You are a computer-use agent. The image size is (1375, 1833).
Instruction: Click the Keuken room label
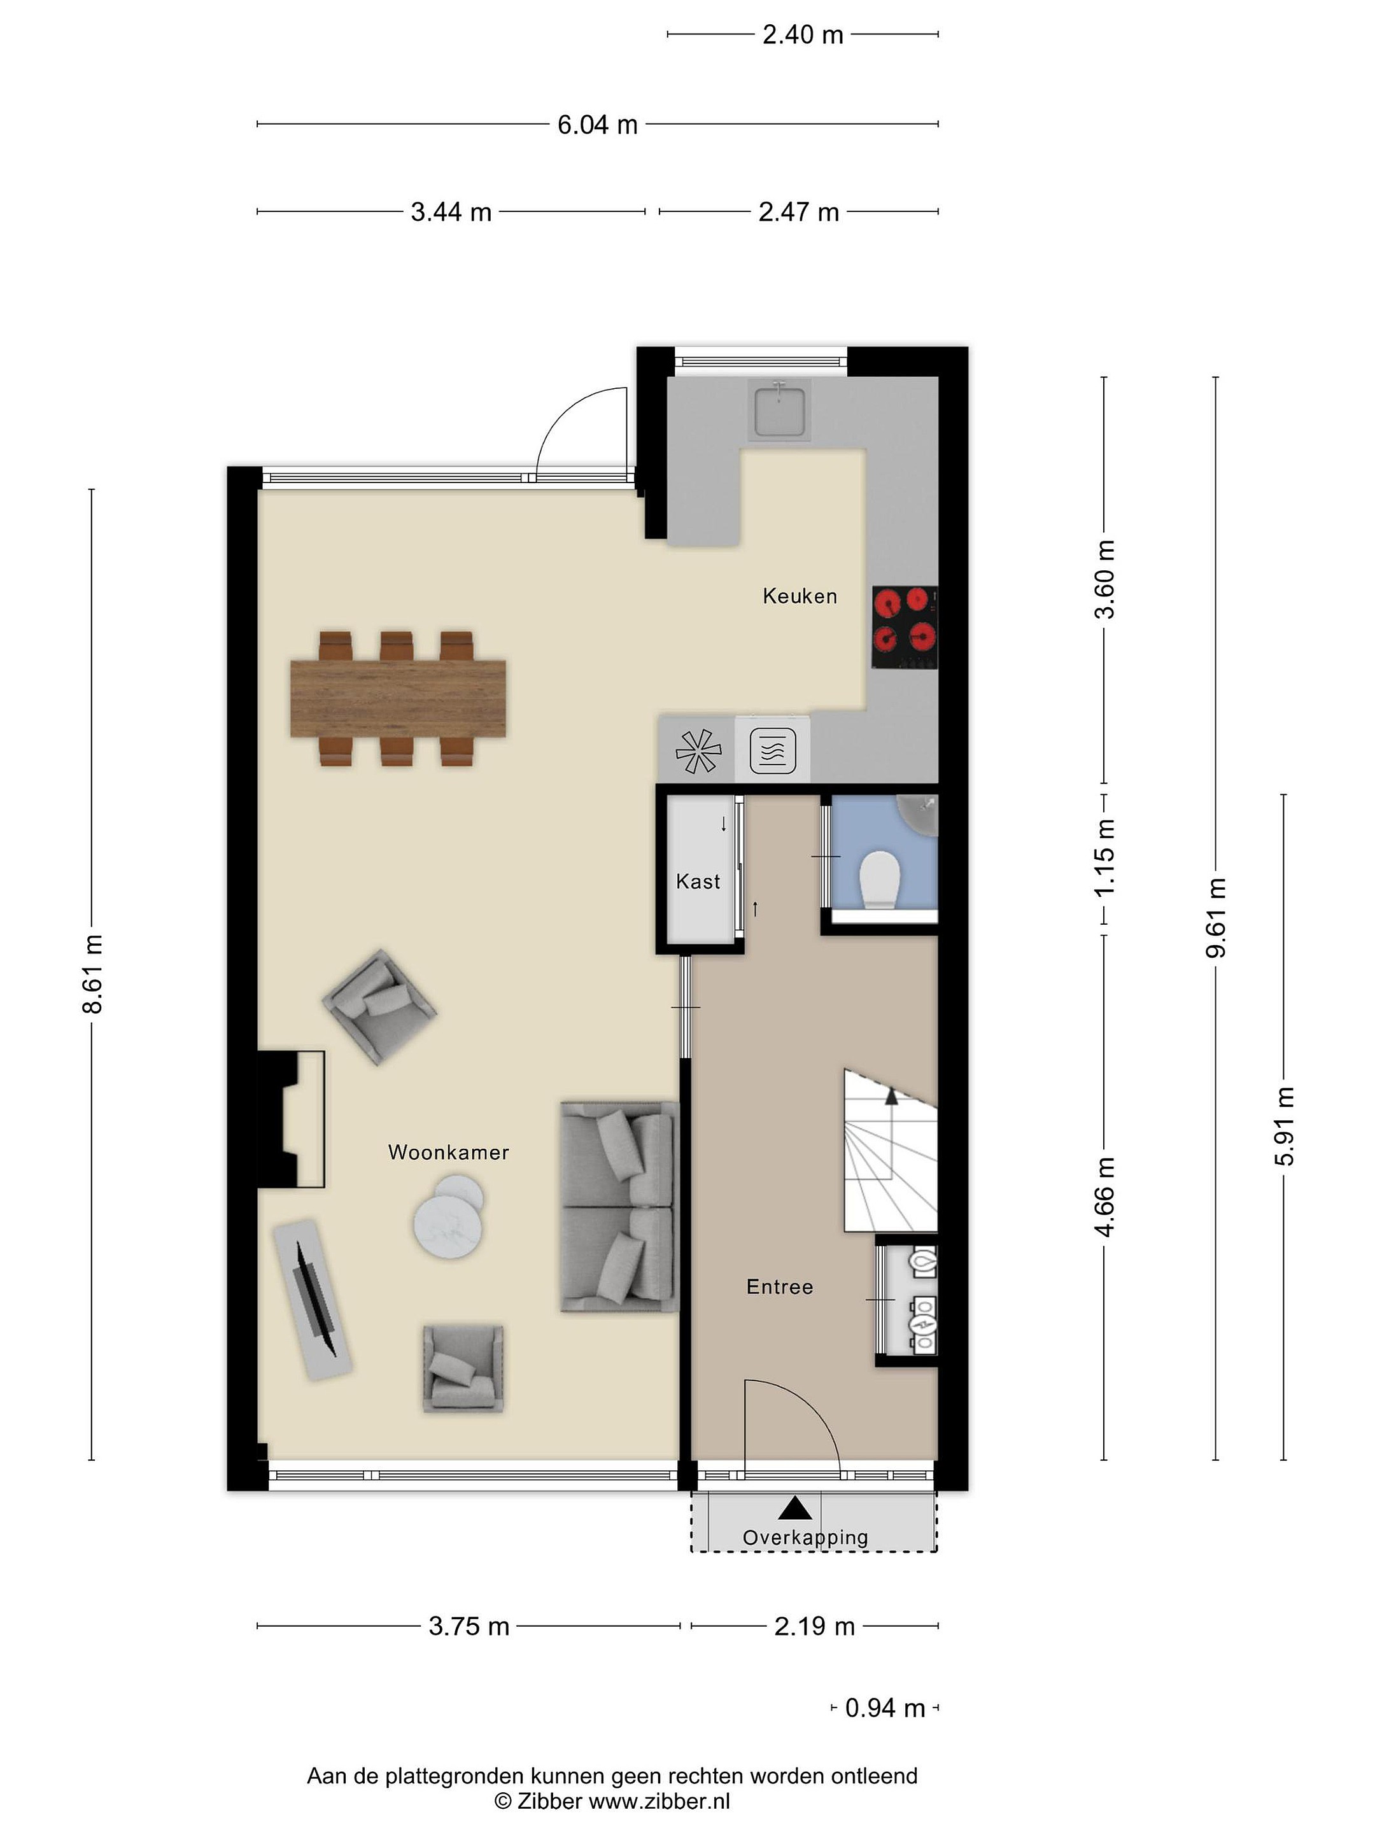click(799, 596)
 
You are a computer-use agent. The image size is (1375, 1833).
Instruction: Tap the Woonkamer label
click(448, 1152)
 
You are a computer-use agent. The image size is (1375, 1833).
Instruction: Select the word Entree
click(779, 1286)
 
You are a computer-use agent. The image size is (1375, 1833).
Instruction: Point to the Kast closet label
click(698, 881)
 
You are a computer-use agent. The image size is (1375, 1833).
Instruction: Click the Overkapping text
click(805, 1538)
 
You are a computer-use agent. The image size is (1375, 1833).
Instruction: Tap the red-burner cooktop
click(905, 628)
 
